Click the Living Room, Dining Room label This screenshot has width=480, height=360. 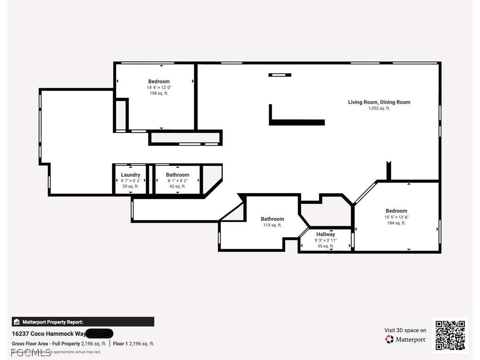click(379, 102)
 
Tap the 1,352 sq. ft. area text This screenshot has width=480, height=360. click(379, 109)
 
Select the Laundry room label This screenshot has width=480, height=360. click(130, 175)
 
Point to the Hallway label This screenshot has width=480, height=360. click(326, 234)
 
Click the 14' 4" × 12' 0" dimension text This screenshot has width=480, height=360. click(159, 87)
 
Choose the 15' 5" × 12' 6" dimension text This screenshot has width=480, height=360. click(396, 217)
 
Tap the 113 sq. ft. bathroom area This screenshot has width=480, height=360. click(272, 225)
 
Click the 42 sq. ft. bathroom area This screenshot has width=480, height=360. click(177, 186)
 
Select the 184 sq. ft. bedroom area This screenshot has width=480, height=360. click(396, 223)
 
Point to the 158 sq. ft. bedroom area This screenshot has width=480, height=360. click(159, 93)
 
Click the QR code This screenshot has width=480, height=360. click(450, 335)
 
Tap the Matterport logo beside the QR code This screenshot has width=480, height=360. click(406, 340)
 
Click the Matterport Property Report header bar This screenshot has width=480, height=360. click(83, 322)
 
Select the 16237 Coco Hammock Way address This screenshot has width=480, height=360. click(49, 333)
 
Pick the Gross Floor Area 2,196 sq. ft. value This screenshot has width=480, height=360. click(93, 344)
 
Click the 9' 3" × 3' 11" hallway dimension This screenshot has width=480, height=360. click(326, 240)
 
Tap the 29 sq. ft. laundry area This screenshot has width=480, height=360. click(130, 186)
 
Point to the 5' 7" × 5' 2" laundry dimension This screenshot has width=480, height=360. click(130, 181)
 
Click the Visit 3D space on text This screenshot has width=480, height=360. click(405, 330)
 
